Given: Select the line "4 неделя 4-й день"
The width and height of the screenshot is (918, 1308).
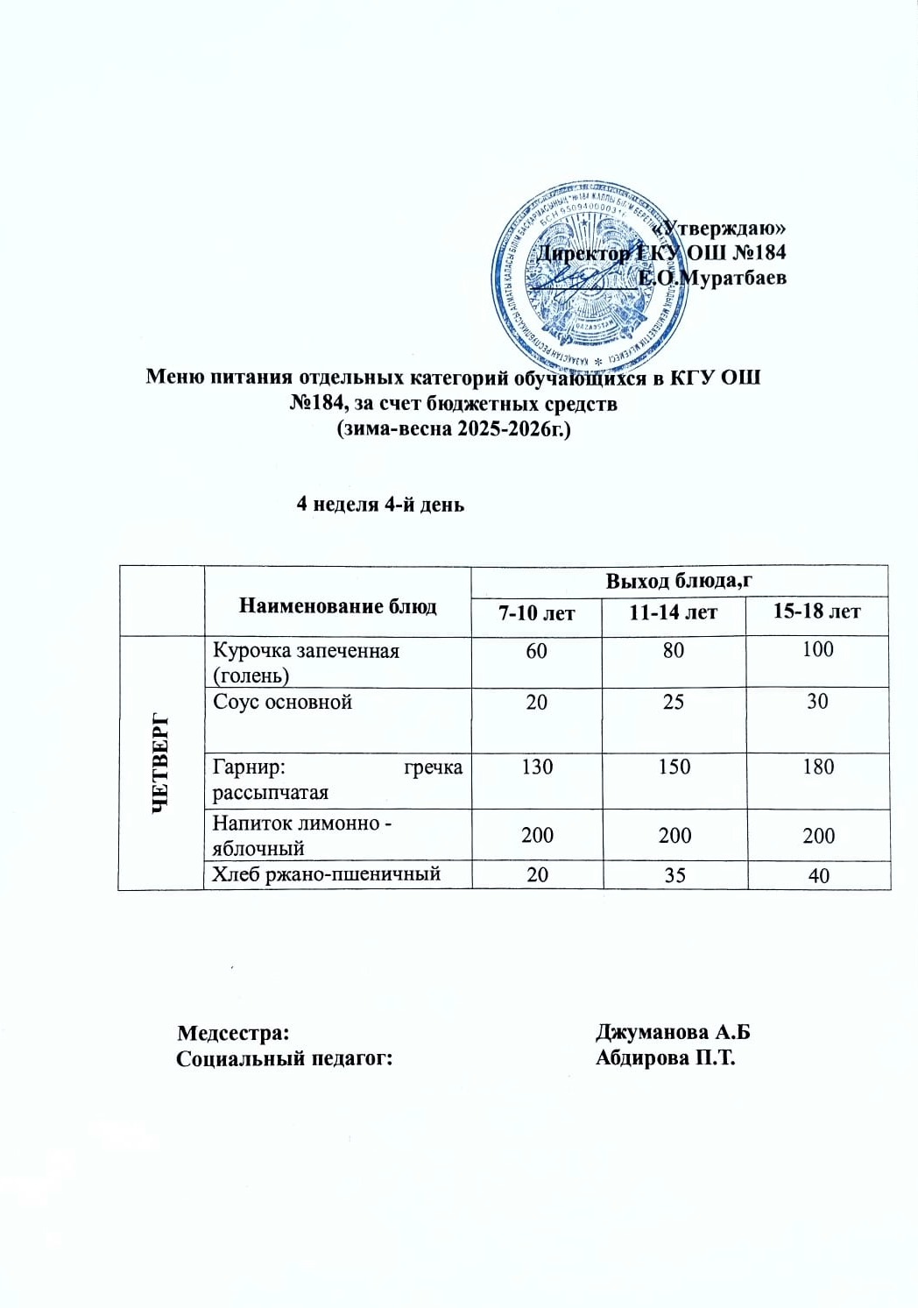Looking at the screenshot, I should click(x=380, y=505).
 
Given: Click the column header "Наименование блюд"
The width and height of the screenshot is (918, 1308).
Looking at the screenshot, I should click(x=337, y=605).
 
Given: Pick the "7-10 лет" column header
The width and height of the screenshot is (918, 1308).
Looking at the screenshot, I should click(x=536, y=612).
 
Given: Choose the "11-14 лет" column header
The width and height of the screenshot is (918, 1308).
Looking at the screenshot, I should click(x=673, y=612).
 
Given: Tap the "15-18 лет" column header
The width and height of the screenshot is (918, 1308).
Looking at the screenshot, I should click(x=816, y=612).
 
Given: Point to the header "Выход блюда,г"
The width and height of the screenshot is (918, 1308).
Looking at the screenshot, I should click(x=679, y=581).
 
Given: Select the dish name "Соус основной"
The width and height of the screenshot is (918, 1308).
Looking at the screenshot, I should click(x=282, y=702).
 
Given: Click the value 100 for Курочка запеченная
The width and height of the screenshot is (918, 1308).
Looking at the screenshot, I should click(x=817, y=649).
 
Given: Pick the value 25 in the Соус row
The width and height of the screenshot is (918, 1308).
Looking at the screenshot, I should click(x=673, y=702).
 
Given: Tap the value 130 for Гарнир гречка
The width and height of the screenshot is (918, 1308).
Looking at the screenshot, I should click(x=537, y=767).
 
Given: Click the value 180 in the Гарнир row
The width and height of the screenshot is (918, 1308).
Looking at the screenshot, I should click(x=818, y=767).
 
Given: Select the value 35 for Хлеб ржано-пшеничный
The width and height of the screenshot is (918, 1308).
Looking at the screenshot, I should click(x=674, y=874).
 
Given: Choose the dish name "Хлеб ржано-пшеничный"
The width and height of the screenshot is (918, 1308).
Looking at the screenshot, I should click(x=326, y=873).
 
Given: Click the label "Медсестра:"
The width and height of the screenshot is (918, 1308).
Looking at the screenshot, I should click(x=233, y=1032).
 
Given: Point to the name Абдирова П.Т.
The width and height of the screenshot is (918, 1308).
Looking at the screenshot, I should click(x=665, y=1057).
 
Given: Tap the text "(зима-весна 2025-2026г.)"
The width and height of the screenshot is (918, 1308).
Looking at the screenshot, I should click(x=454, y=428).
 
